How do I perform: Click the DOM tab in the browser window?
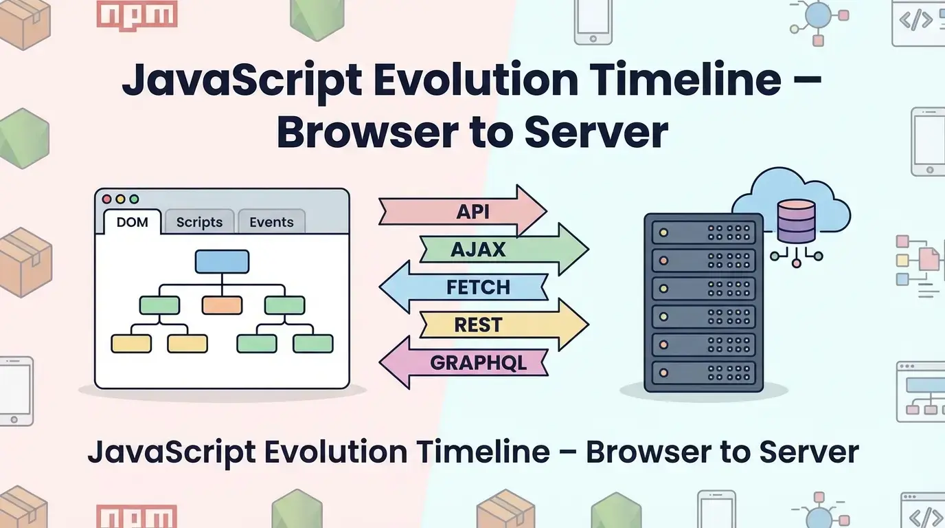pyautogui.click(x=133, y=222)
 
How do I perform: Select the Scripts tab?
pyautogui.click(x=199, y=222)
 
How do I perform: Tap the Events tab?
pyautogui.click(x=271, y=222)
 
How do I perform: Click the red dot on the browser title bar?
pyautogui.click(x=107, y=199)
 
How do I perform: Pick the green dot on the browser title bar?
pyautogui.click(x=134, y=199)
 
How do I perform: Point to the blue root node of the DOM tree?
pyautogui.click(x=222, y=262)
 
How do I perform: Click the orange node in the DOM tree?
pyautogui.click(x=222, y=305)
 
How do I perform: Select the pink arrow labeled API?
pyautogui.click(x=464, y=211)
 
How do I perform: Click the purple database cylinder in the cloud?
pyautogui.click(x=796, y=221)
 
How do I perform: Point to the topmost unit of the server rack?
pyautogui.click(x=703, y=232)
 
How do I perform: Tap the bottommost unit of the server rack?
pyautogui.click(x=703, y=372)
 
